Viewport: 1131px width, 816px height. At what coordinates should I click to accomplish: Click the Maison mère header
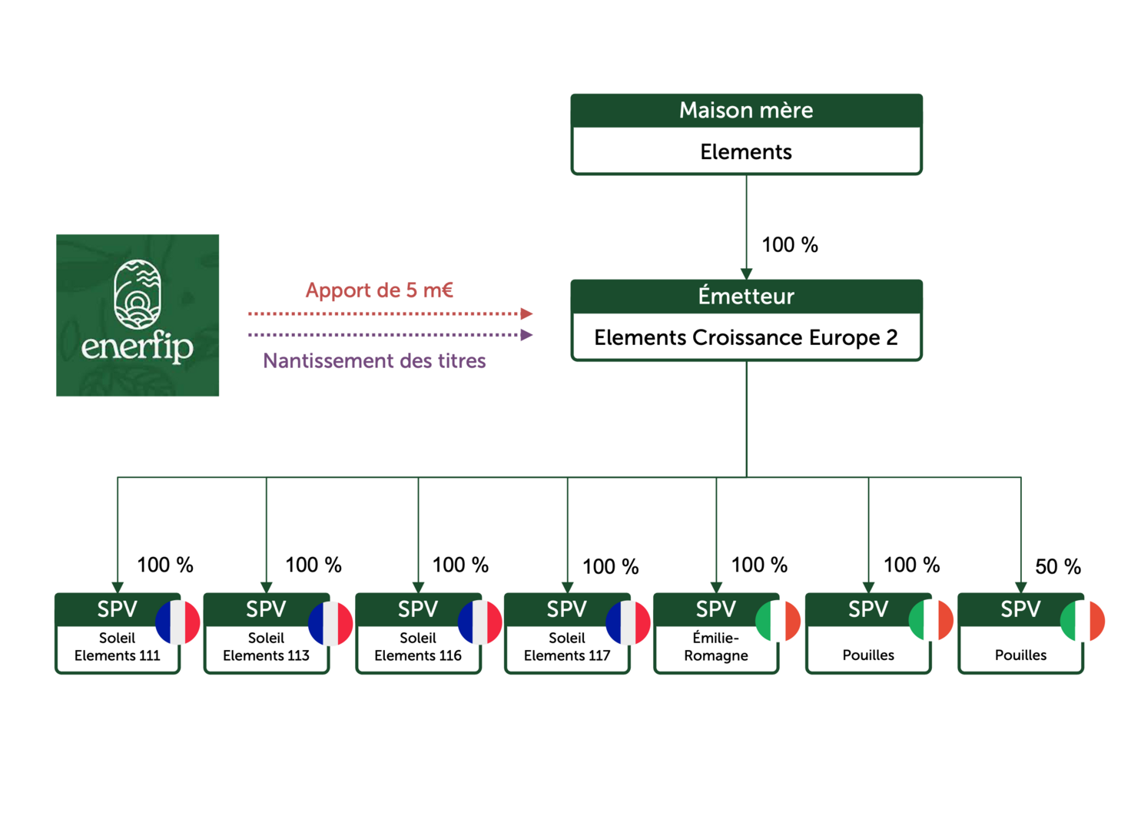point(745,111)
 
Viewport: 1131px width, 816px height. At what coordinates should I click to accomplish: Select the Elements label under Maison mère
point(745,152)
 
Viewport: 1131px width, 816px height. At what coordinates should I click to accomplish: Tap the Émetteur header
point(745,297)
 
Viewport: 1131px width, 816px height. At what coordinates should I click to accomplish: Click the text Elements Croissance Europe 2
point(745,338)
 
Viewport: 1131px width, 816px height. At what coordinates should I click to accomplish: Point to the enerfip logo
point(138,315)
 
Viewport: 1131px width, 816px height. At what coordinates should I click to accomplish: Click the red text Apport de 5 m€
point(380,290)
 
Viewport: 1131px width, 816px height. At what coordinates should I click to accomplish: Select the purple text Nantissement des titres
point(374,361)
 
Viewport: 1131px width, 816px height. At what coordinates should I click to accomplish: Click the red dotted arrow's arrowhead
point(526,313)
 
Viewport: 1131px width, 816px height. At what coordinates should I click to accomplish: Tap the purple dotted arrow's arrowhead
point(526,335)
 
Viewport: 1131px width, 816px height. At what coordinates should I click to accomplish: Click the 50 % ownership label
point(1058,567)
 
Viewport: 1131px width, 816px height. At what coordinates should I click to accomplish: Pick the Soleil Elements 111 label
point(117,647)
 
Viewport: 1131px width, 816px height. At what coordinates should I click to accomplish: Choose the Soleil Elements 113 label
point(266,647)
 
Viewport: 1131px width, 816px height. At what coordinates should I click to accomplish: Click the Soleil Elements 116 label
point(418,647)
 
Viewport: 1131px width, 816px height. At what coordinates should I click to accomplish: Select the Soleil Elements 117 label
point(567,647)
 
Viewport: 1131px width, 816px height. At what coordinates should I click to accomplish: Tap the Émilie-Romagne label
point(716,647)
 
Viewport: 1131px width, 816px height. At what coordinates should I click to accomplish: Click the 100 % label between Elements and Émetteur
point(790,245)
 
